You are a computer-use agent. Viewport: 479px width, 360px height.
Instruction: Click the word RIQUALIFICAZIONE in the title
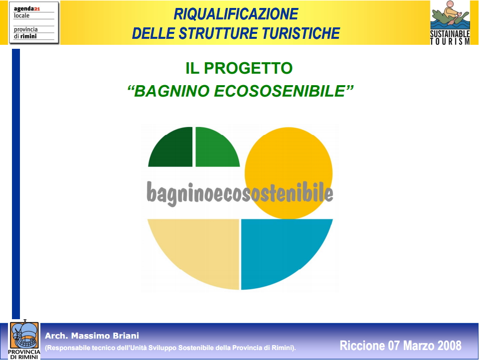[236, 14]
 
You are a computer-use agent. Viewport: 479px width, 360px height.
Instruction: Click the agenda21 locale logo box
[34, 22]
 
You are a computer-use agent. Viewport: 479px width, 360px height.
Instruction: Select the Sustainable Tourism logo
[450, 22]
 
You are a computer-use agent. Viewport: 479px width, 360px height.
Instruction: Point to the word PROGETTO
[248, 68]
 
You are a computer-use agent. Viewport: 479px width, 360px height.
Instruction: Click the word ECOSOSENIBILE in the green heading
[279, 91]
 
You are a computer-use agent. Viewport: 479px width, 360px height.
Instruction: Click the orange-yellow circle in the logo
[289, 173]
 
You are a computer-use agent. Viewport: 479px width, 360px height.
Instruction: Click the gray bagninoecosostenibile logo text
[240, 193]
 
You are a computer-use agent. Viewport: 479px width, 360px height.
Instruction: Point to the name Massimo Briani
[105, 336]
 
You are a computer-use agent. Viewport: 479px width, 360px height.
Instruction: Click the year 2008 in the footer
[450, 346]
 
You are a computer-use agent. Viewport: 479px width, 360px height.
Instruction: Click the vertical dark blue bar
[16, 184]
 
